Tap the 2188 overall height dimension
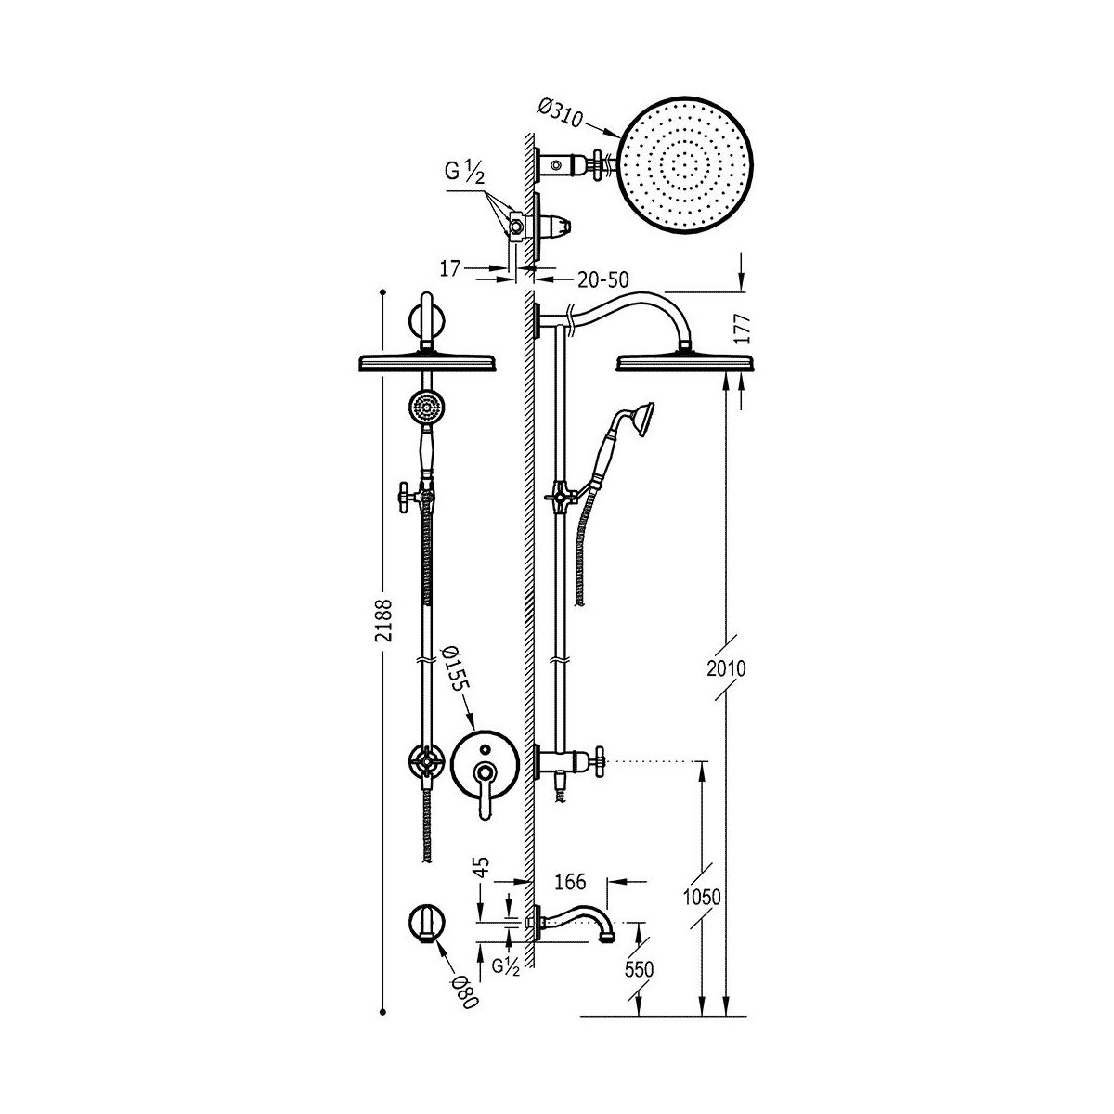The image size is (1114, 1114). (x=383, y=620)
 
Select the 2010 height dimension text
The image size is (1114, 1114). (x=726, y=668)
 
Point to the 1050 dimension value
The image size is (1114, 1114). (x=702, y=897)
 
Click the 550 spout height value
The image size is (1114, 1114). (x=639, y=969)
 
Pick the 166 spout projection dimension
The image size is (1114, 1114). (x=570, y=882)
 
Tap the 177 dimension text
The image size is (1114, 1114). (x=744, y=329)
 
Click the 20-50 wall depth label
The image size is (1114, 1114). (x=602, y=279)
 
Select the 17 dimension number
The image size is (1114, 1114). (x=449, y=268)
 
